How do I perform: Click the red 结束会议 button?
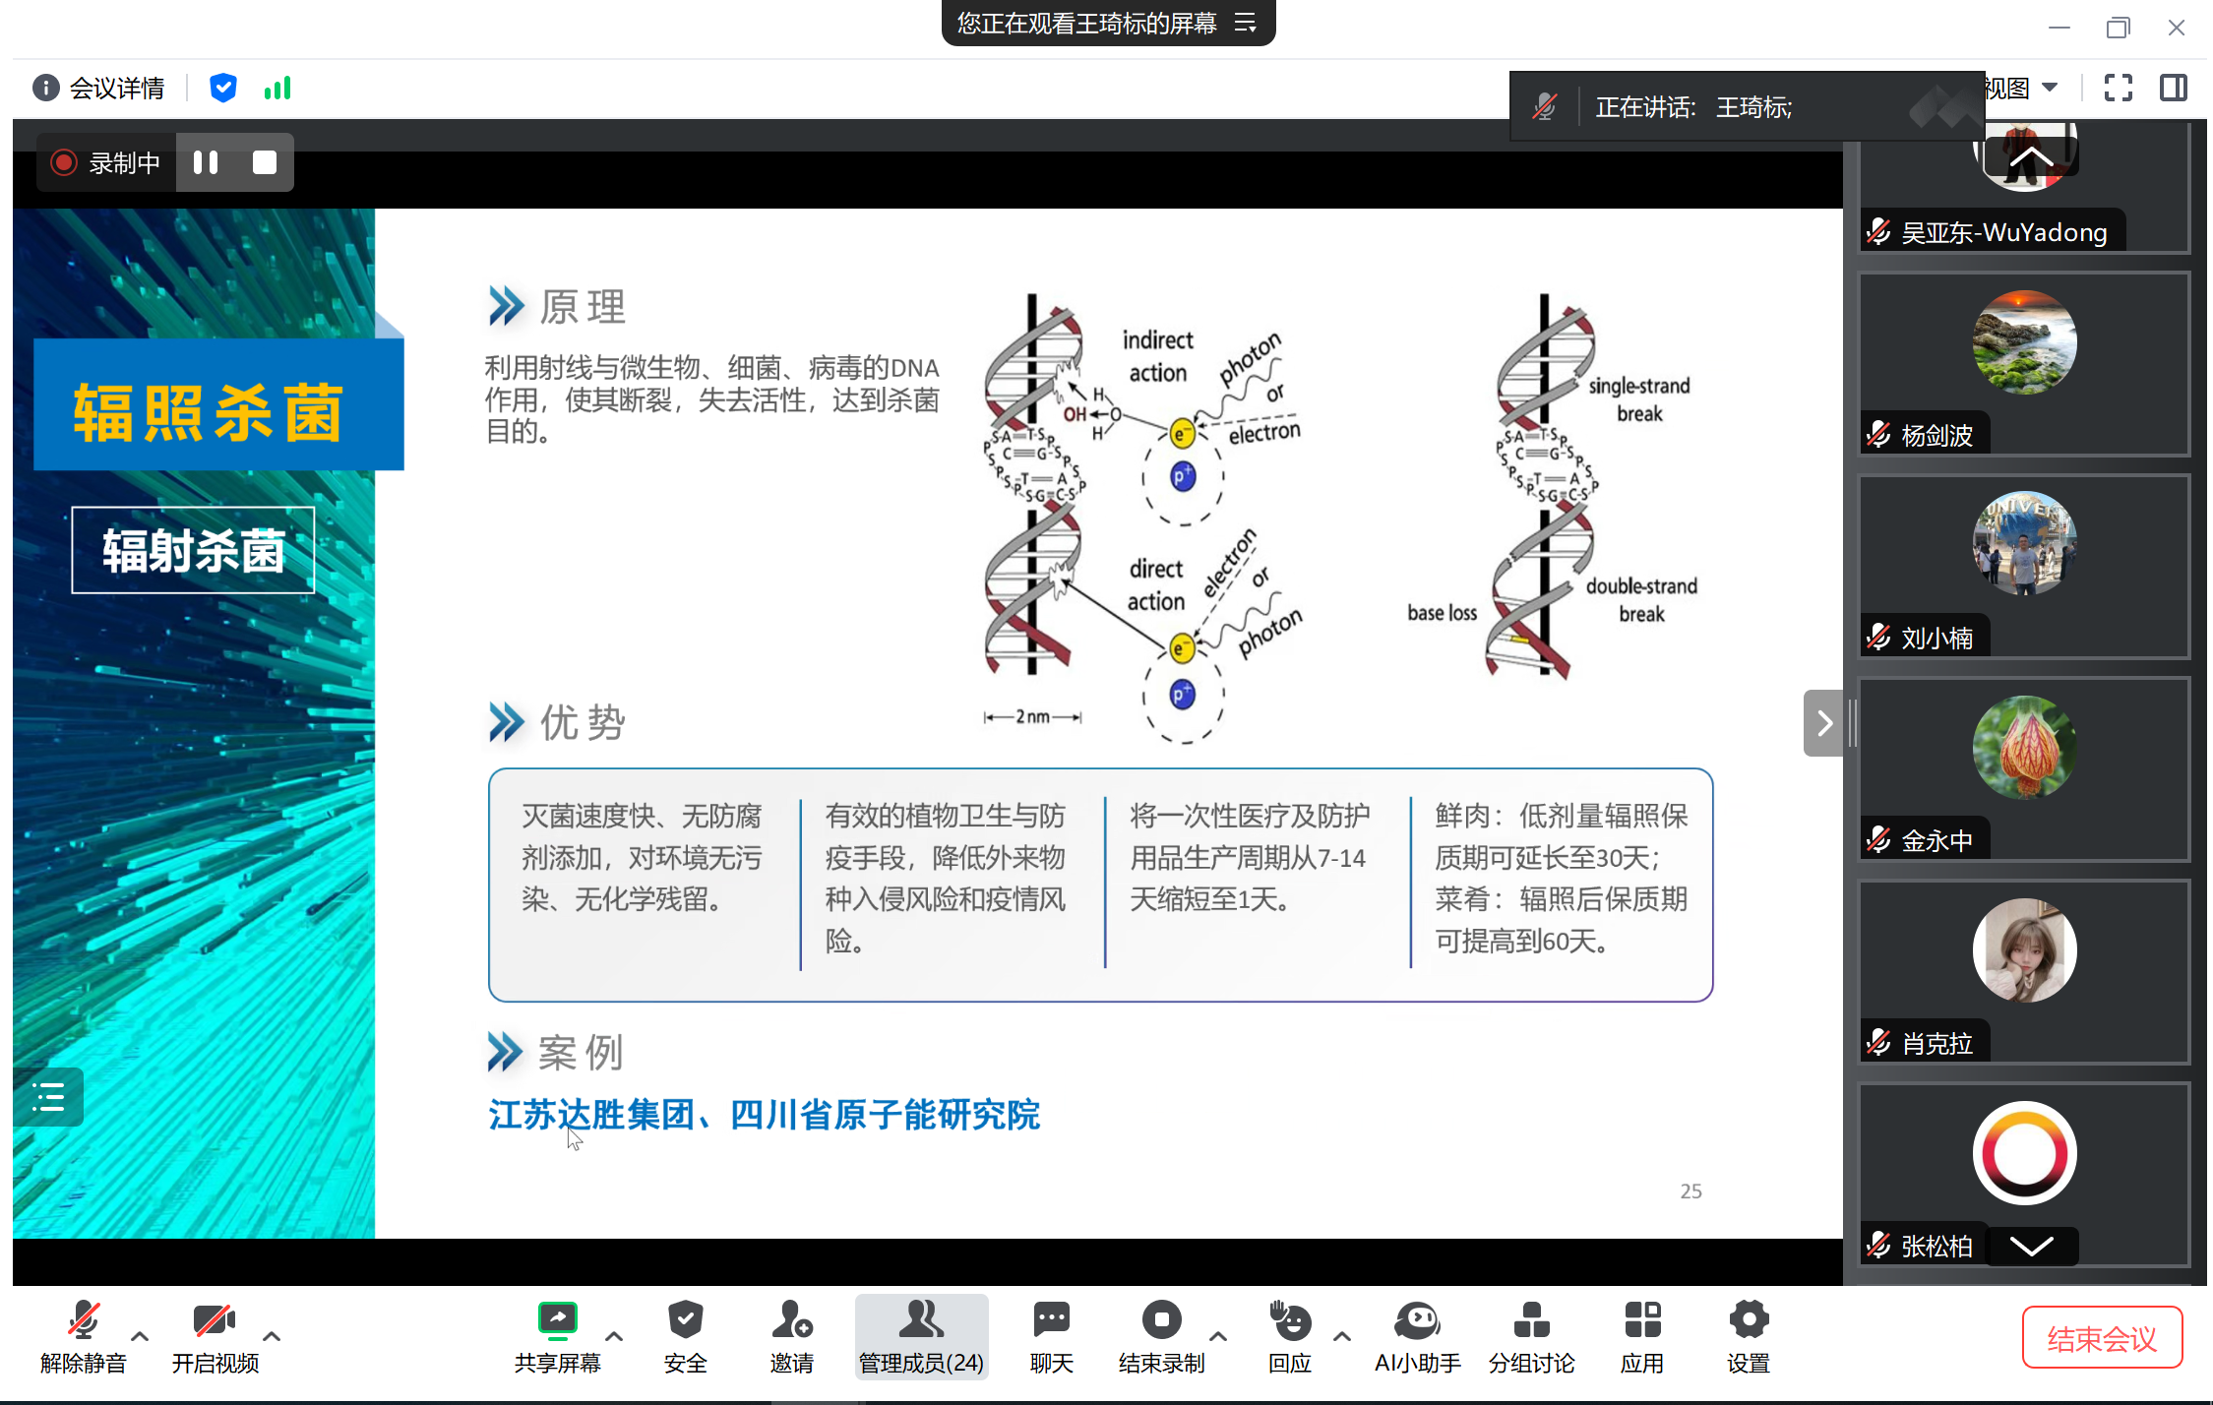2102,1337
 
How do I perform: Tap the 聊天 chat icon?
1051,1319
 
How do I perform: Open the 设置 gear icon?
1749,1319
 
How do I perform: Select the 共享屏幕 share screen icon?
557,1319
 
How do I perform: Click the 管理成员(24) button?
921,1336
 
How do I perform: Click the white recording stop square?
265,162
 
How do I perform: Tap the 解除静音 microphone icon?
84,1319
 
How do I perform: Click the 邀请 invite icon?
791,1319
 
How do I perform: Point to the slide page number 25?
1690,1191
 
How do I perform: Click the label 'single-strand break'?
1639,399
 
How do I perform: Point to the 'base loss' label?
1442,613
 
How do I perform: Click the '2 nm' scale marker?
1032,716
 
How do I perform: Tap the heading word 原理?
583,307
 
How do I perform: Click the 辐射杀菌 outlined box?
193,550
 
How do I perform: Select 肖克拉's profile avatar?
2024,950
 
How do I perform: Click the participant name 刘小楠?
1936,639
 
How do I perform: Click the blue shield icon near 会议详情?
223,89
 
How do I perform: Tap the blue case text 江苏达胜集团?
591,1115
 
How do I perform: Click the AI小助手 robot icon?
1417,1319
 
